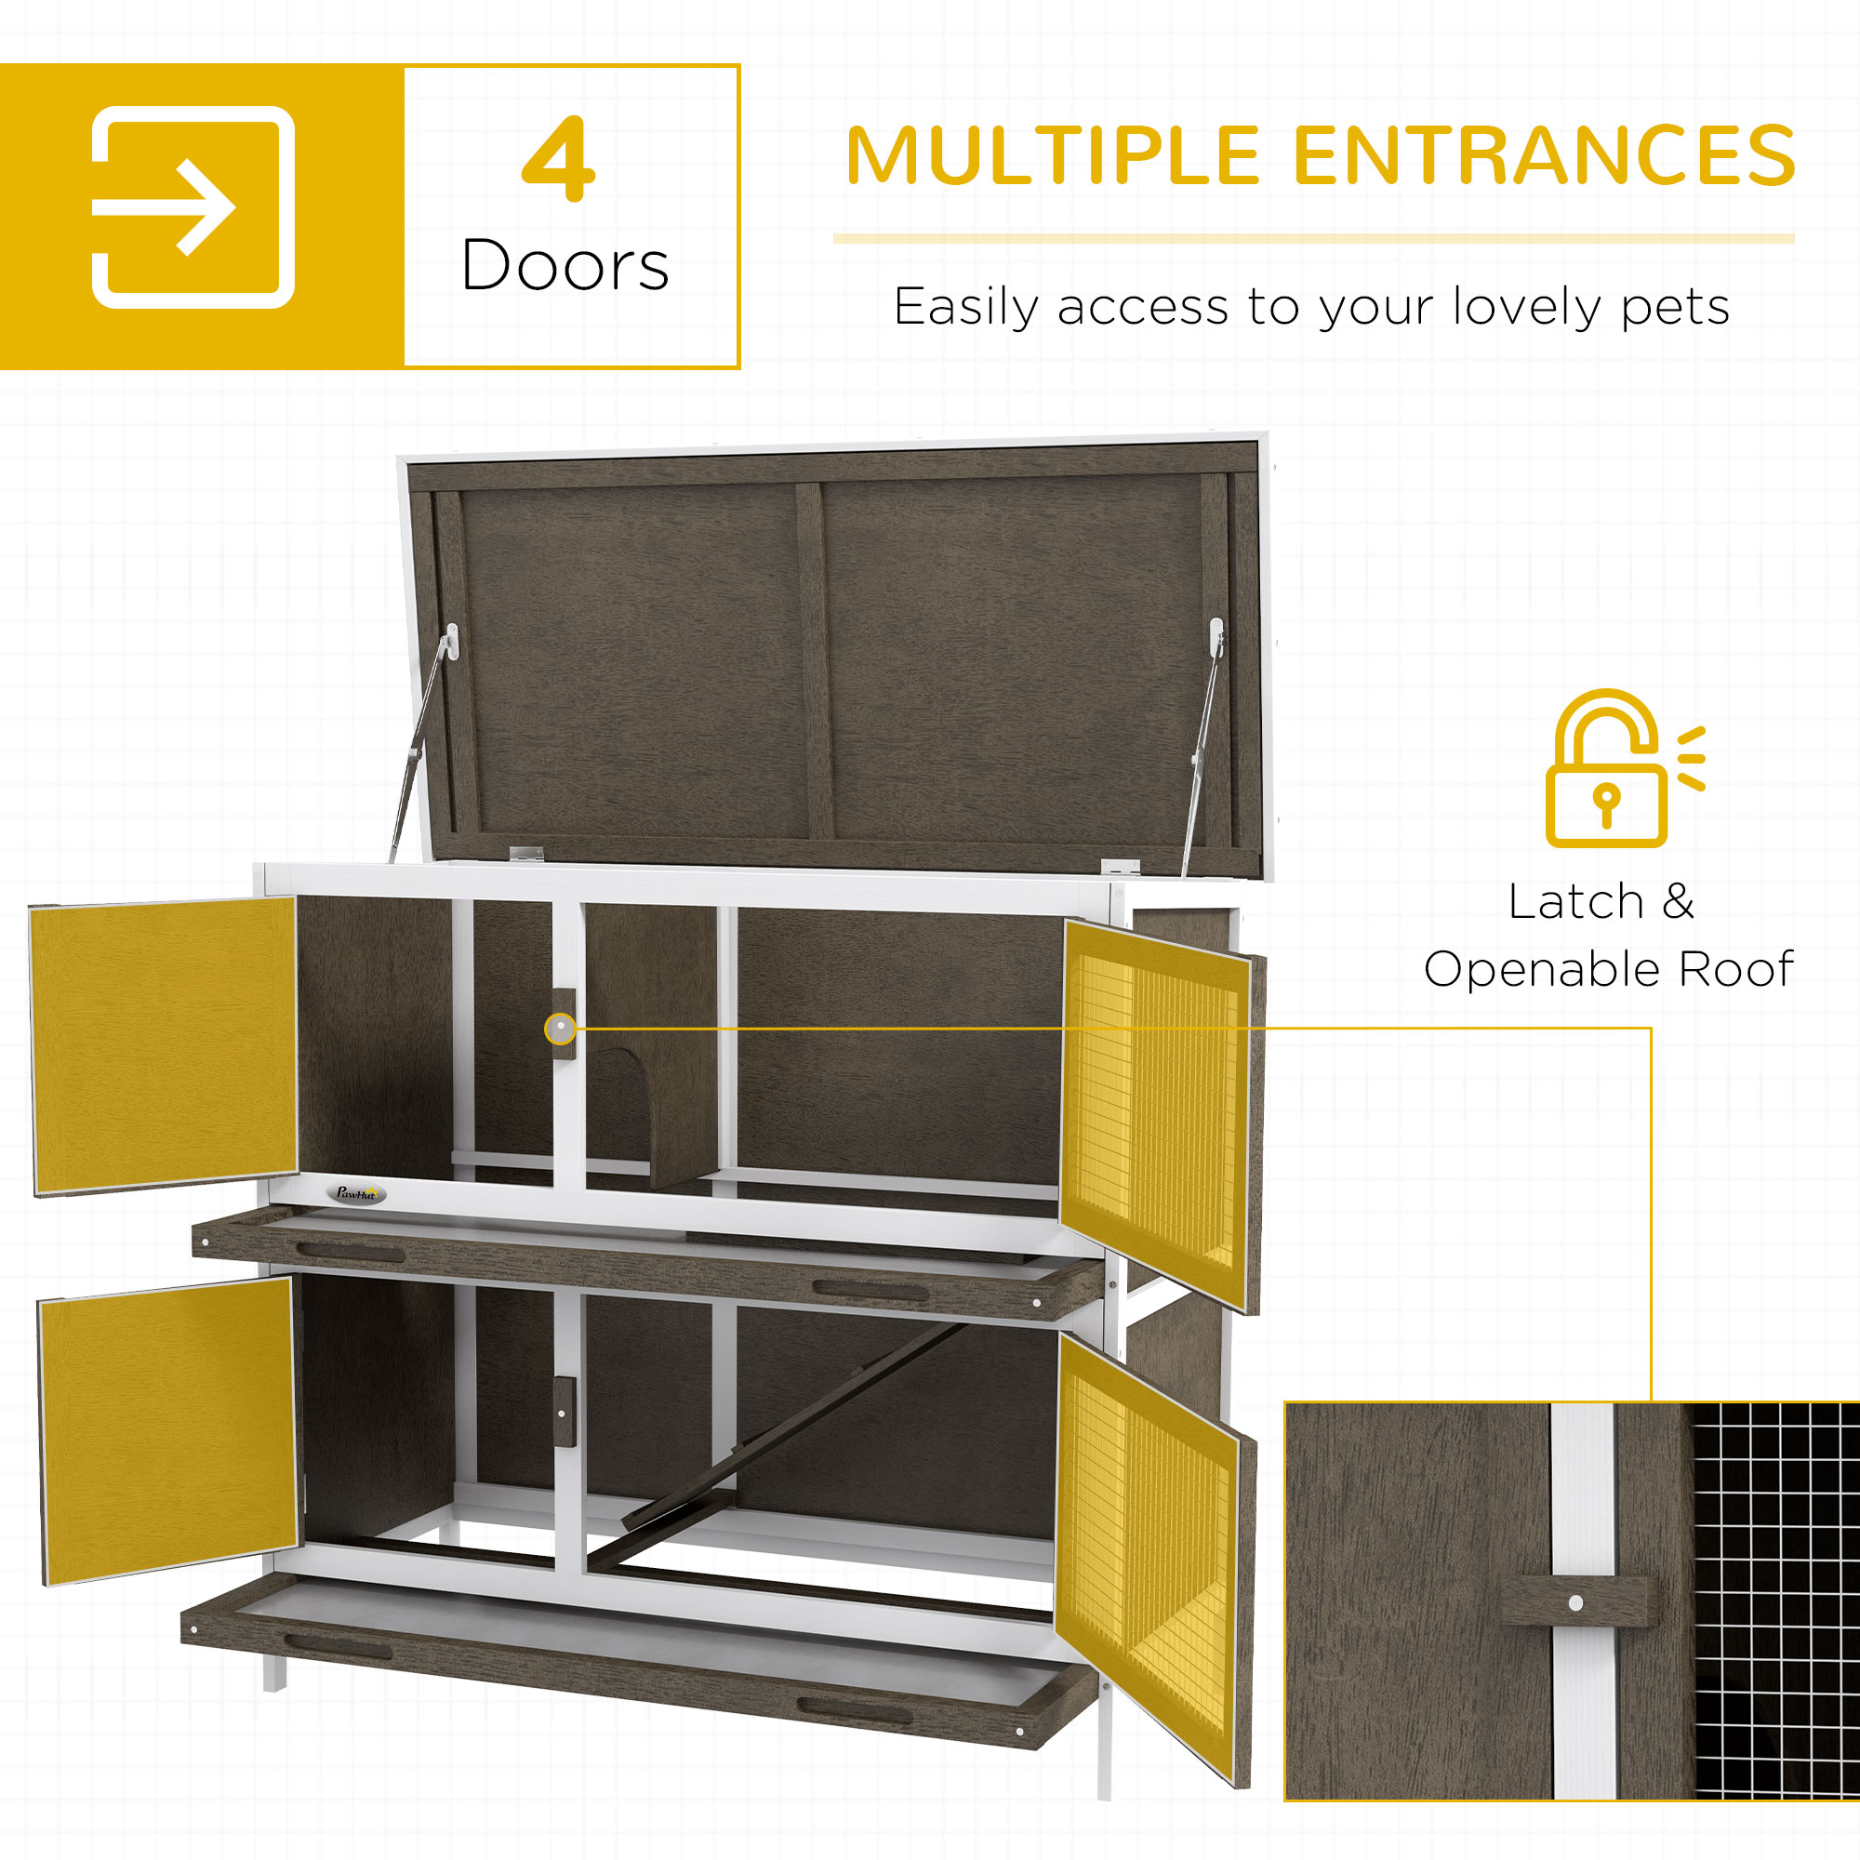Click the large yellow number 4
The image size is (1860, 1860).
click(x=558, y=159)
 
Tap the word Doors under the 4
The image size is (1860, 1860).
click(x=565, y=266)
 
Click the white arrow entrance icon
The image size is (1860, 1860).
click(x=193, y=208)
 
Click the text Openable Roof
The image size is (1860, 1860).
click(x=1609, y=969)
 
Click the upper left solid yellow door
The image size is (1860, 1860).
click(x=165, y=1044)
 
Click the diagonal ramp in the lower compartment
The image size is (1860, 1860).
click(x=790, y=1425)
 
